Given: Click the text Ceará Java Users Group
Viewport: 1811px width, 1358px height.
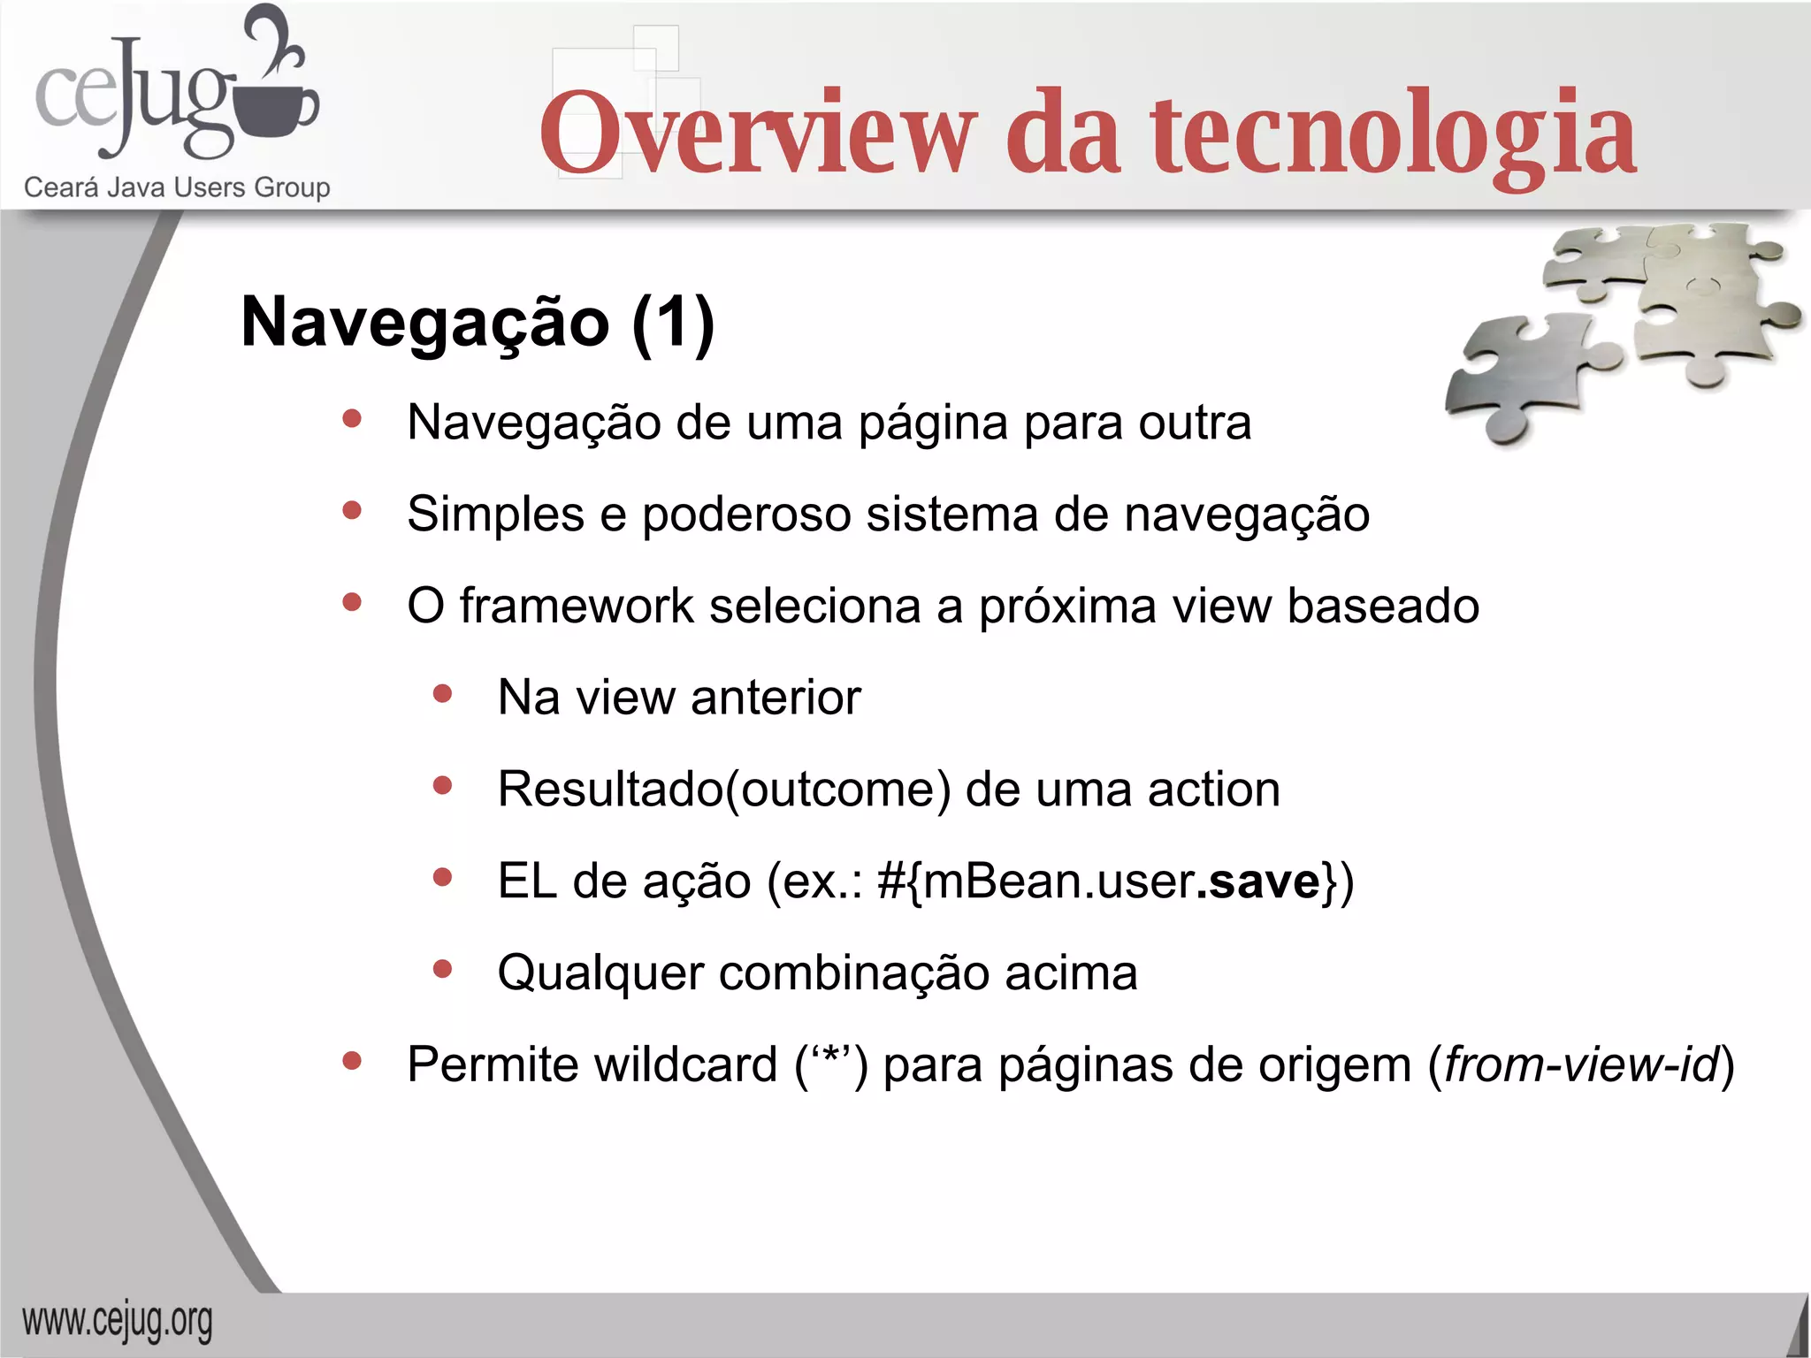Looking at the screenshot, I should tap(177, 187).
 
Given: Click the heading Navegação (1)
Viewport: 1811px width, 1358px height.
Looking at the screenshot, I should tap(478, 323).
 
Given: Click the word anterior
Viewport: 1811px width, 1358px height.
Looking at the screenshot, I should tap(776, 698).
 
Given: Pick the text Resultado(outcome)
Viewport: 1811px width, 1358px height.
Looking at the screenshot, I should tap(724, 790).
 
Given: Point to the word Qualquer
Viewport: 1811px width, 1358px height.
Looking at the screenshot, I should tap(600, 974).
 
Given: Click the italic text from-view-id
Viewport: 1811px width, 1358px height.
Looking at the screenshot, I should tap(1580, 1064).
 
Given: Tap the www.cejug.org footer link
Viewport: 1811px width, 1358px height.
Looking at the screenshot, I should tap(117, 1322).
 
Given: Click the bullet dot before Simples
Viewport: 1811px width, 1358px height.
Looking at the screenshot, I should tap(352, 510).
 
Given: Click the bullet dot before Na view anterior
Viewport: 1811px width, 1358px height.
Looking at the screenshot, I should tap(443, 694).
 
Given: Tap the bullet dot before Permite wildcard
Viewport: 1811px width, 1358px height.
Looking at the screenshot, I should tap(352, 1060).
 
